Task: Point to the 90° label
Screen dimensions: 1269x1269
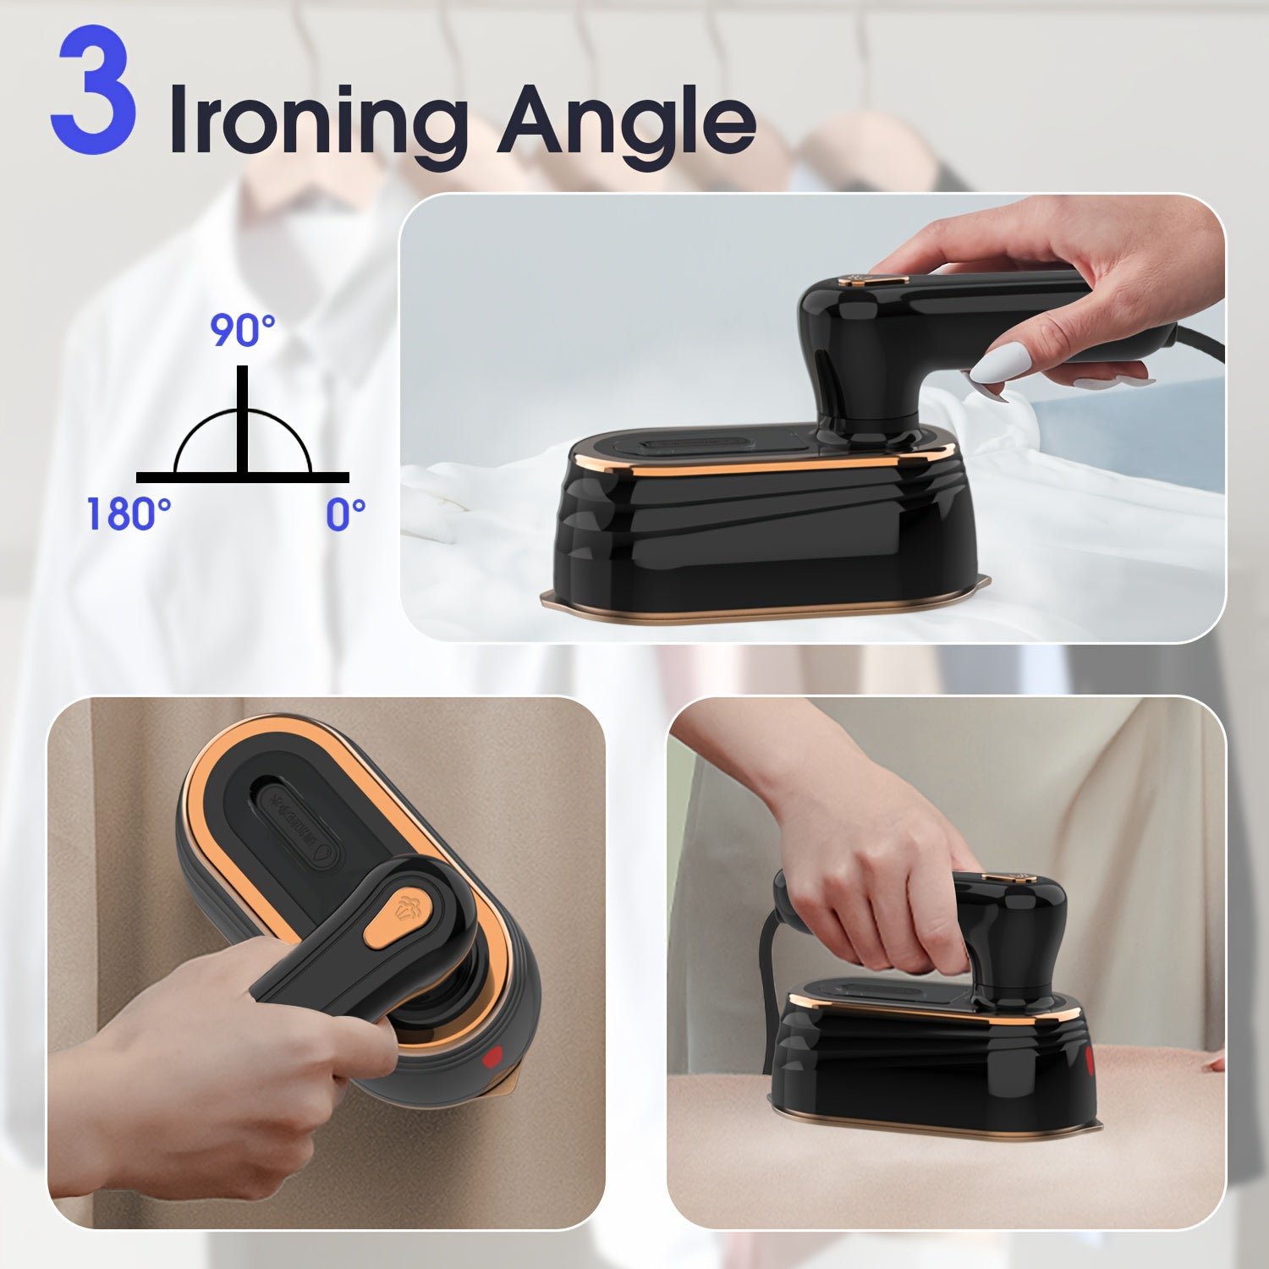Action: coord(243,330)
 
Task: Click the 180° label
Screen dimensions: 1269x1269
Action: coord(129,514)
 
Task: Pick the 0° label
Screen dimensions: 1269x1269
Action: coord(346,514)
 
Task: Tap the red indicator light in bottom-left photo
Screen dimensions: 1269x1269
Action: coord(492,1057)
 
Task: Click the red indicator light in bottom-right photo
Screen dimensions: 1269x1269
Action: coord(1090,1059)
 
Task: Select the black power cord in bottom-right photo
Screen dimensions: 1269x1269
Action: coord(772,973)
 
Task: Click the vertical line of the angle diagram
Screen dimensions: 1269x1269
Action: coord(243,419)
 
